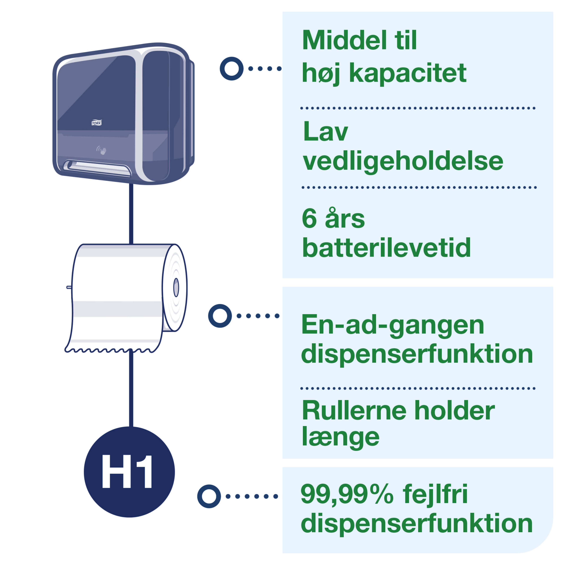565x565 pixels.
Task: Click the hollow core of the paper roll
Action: (176, 288)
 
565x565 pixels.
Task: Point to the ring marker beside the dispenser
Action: (232, 68)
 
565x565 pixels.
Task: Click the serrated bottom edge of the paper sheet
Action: (113, 349)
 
